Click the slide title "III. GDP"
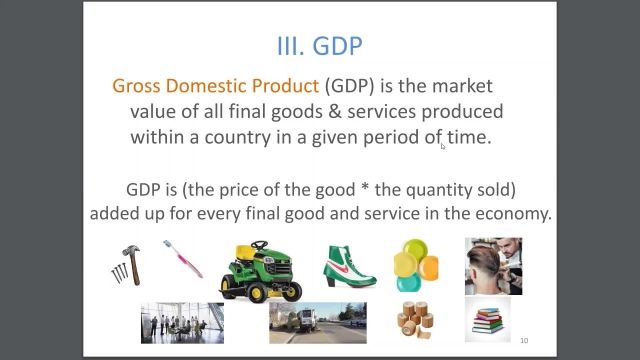[x=319, y=45]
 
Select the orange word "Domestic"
[x=217, y=86]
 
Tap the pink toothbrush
[x=183, y=258]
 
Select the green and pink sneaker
[x=349, y=266]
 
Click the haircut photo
[x=493, y=265]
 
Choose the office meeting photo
[x=182, y=322]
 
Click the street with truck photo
[x=317, y=322]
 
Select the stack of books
[x=487, y=320]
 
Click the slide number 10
[x=524, y=340]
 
